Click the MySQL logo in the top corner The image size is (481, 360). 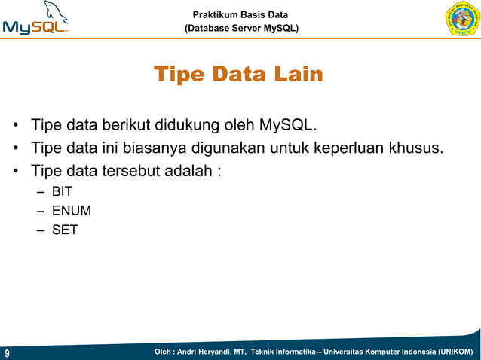(x=35, y=19)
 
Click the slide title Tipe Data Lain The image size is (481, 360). (x=238, y=75)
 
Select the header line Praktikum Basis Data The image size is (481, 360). (x=240, y=14)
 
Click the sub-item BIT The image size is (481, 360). (x=62, y=192)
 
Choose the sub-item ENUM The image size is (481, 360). (x=71, y=211)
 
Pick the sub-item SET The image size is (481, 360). (x=64, y=230)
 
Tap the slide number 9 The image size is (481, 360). (x=7, y=352)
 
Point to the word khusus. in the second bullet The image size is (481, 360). (x=415, y=147)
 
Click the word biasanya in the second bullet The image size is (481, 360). (x=155, y=147)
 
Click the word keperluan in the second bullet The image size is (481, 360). (x=347, y=147)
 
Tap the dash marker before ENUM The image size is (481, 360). (x=40, y=211)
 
